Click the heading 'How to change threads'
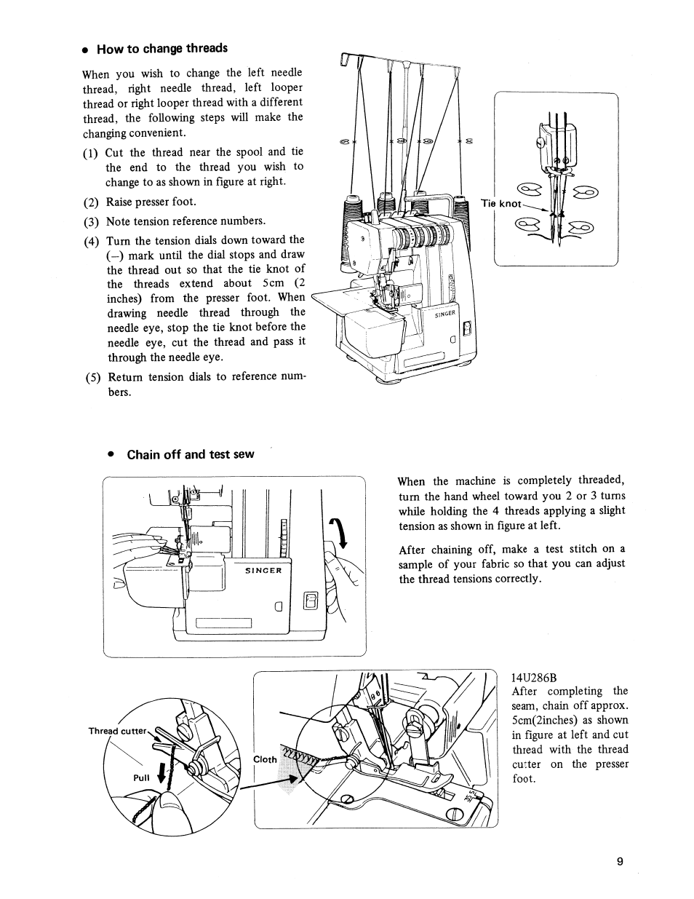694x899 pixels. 161,49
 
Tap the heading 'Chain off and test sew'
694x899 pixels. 190,454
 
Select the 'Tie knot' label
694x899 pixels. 500,204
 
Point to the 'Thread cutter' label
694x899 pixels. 117,731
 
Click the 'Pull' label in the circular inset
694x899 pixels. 141,777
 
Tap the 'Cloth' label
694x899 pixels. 265,759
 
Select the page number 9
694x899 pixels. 620,862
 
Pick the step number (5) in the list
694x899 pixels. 92,377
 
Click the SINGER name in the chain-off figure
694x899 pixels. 263,571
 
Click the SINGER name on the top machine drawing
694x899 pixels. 444,314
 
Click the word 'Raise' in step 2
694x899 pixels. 120,202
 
